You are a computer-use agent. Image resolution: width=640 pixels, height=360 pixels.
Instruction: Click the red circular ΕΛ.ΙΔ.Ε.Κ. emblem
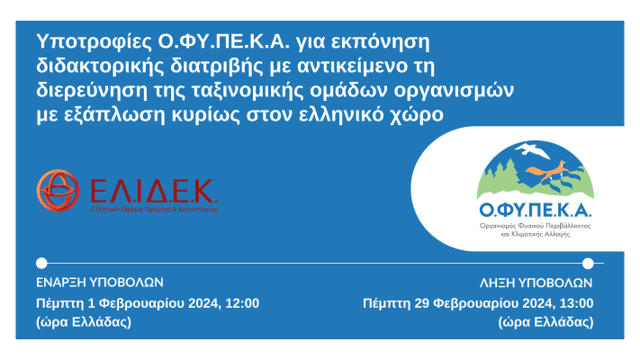tap(59, 190)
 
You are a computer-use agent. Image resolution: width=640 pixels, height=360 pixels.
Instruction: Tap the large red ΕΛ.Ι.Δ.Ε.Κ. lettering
tap(154, 190)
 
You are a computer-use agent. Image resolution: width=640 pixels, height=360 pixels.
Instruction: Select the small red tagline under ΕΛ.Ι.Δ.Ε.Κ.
tap(154, 208)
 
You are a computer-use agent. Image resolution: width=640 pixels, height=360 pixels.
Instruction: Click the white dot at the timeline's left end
tap(41, 264)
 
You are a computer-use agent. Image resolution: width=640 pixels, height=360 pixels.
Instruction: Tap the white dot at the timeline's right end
tap(588, 264)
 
